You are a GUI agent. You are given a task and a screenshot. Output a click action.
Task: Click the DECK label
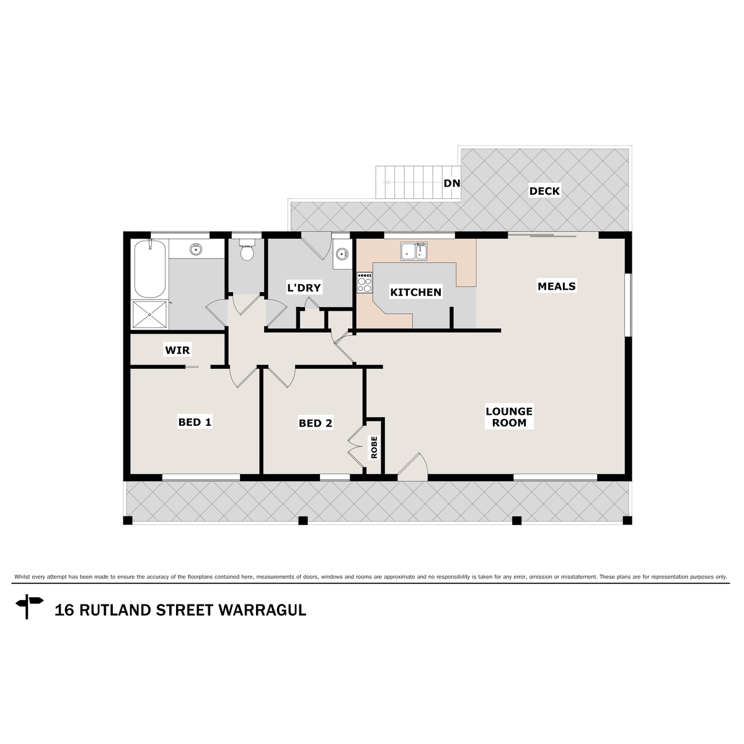[x=544, y=191]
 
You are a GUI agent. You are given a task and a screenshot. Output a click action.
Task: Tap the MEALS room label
[x=556, y=286]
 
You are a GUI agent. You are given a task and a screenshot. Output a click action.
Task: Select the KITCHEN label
[x=415, y=292]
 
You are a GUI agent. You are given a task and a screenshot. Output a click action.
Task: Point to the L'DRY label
[x=303, y=288]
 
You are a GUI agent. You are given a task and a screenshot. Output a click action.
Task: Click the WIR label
[x=177, y=350]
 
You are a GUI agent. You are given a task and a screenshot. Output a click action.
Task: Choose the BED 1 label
[x=195, y=422]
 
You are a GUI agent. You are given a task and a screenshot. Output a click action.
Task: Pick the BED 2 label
[x=315, y=423]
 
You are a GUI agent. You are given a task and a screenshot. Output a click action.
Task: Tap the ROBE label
[x=374, y=448]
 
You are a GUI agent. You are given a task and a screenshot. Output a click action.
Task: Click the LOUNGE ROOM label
[x=509, y=417]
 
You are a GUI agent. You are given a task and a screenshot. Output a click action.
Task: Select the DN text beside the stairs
[x=451, y=183]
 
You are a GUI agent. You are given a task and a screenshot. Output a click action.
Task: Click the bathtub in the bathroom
[x=150, y=269]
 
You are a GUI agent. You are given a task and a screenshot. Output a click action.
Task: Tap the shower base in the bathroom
[x=150, y=314]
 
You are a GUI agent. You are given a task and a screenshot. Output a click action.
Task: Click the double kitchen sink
[x=414, y=252]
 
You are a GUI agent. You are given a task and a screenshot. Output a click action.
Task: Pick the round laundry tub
[x=341, y=254]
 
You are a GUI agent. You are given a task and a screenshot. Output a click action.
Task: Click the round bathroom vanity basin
[x=196, y=249]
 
